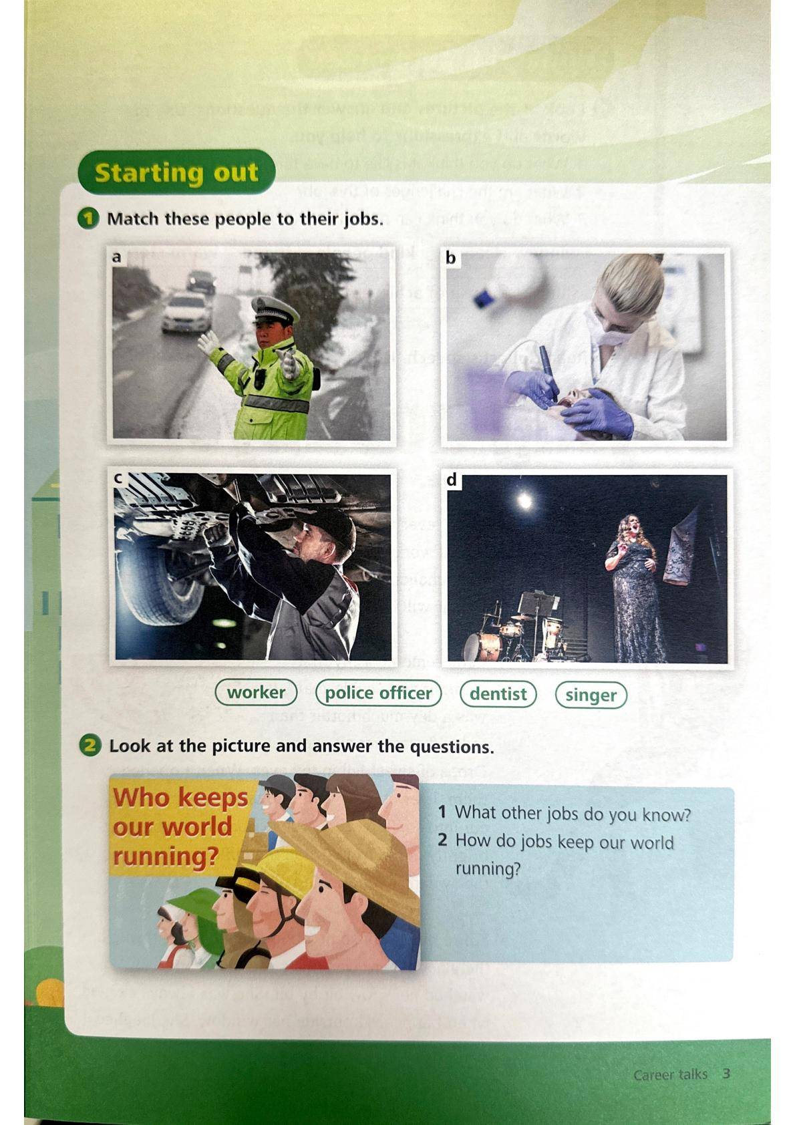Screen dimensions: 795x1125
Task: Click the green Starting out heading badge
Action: point(176,172)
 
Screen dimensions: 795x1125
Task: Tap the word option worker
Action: point(256,693)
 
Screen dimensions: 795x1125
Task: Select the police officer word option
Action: point(378,693)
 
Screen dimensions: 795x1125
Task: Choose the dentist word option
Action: point(498,693)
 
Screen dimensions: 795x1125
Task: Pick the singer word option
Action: point(591,695)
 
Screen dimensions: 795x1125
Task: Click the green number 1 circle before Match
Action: point(88,219)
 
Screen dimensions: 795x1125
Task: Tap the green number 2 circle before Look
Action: point(90,746)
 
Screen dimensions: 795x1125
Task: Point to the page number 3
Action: point(726,1074)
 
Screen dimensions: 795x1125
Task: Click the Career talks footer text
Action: point(670,1074)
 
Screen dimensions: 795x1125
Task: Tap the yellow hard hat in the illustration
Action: point(284,876)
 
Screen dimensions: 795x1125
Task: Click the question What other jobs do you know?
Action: point(565,813)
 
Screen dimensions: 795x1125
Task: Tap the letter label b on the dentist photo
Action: point(450,258)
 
